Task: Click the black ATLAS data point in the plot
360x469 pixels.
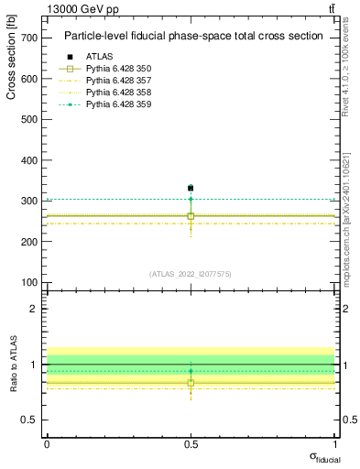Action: (191, 188)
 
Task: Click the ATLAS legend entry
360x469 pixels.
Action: (101, 56)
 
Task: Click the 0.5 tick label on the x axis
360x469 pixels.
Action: (191, 443)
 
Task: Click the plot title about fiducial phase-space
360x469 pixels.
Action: (193, 37)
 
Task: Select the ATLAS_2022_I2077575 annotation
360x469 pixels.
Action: (191, 274)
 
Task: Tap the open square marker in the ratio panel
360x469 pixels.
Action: (191, 383)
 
